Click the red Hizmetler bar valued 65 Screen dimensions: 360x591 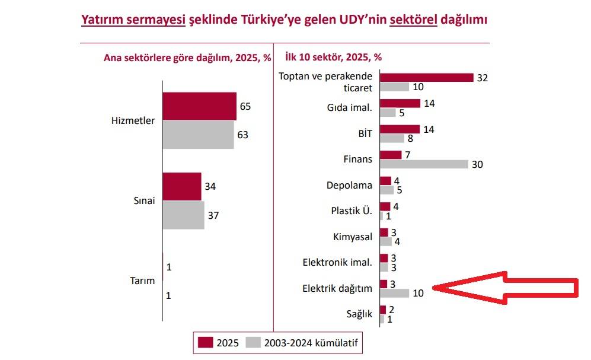point(199,107)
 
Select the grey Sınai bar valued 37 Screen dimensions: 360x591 point(183,215)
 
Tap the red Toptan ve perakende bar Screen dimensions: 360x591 point(426,78)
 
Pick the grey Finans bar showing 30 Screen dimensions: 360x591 point(423,164)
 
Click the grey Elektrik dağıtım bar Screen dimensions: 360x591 point(394,293)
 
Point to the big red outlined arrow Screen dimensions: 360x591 point(504,289)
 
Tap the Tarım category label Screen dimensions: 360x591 point(142,281)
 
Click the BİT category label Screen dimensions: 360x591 point(365,133)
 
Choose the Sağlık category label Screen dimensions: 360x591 point(360,314)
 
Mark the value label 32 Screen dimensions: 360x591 point(482,78)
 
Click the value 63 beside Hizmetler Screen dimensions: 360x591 point(242,135)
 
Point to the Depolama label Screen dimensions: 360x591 point(350,185)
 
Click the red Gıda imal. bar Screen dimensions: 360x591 point(400,103)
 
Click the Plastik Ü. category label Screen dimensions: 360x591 point(352,211)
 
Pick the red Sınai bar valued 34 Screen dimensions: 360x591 point(182,186)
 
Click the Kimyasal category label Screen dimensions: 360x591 point(353,237)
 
